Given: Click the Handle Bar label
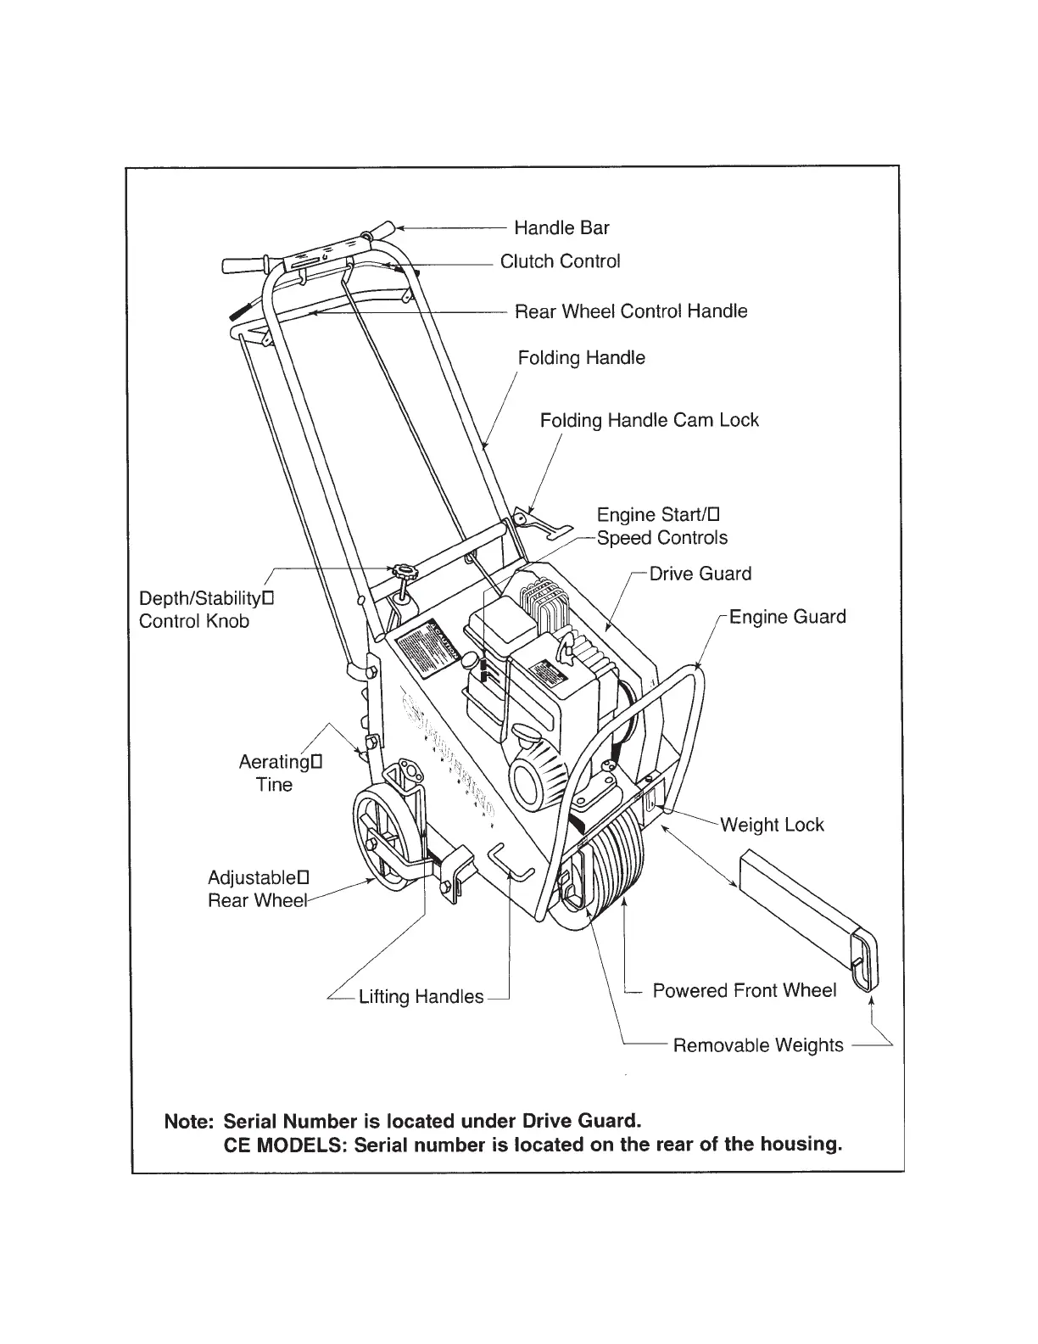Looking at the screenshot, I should click(x=561, y=228).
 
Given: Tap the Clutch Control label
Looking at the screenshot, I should click(x=560, y=261).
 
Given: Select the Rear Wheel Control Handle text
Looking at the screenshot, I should click(x=631, y=311).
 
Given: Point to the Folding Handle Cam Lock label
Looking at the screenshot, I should click(x=649, y=421).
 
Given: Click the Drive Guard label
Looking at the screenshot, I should click(x=700, y=574).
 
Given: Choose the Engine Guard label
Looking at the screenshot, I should click(x=787, y=617).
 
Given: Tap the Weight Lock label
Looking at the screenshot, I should click(x=772, y=825).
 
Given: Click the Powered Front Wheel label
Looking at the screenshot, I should click(x=744, y=991).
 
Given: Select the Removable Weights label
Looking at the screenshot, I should click(x=758, y=1045).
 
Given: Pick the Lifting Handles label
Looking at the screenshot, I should click(x=421, y=997).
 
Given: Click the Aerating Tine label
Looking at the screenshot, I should click(x=280, y=773).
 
